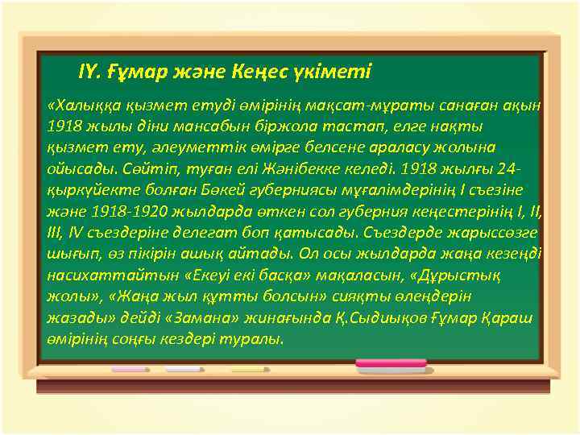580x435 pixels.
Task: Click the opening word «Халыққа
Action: pos(82,106)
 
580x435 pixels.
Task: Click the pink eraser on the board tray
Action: pos(391,364)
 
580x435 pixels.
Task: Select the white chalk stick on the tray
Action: pos(184,369)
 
